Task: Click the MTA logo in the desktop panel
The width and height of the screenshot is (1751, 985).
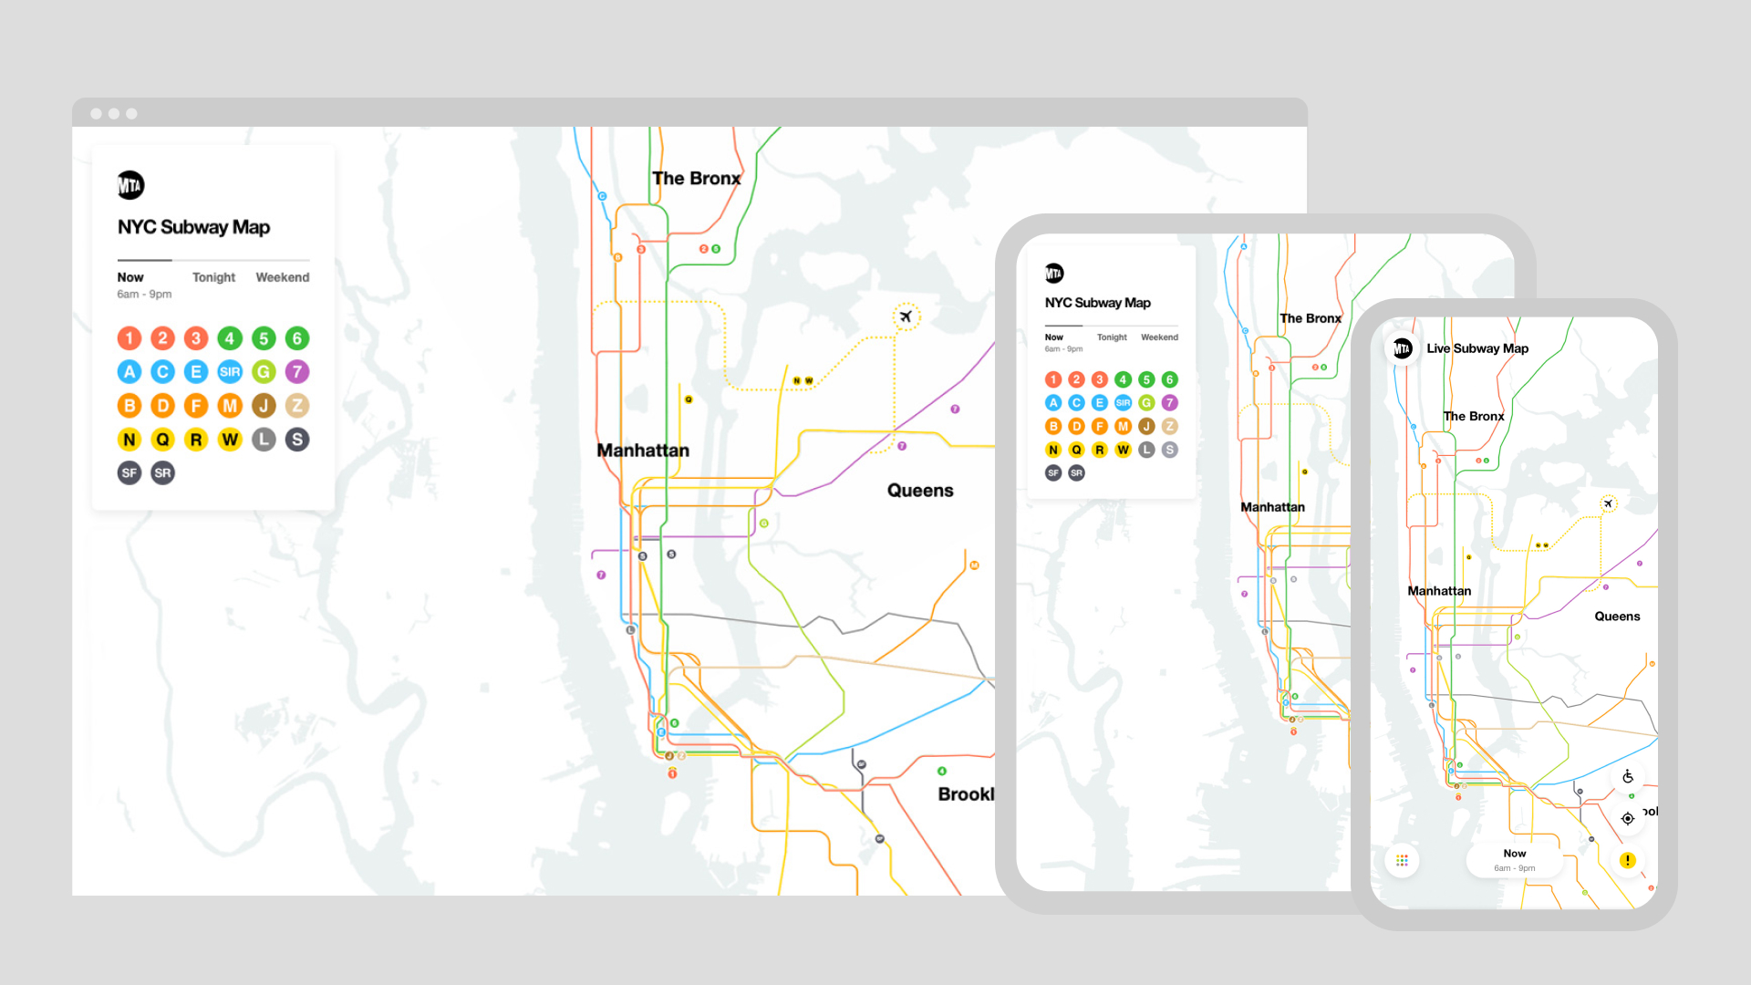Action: coord(130,185)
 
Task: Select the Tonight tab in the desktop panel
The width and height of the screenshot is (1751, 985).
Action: coord(213,277)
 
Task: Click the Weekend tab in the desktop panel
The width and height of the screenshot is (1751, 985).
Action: coord(282,277)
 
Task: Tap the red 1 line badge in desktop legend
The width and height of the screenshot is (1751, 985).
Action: coord(130,338)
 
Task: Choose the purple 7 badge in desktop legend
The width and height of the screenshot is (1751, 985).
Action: coord(296,372)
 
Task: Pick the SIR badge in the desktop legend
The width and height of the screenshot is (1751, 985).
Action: coord(230,372)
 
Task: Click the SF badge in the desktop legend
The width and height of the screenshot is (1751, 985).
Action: coord(130,472)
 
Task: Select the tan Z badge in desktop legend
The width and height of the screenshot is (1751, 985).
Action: coord(296,406)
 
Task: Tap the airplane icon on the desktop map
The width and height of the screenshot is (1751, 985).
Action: coord(906,316)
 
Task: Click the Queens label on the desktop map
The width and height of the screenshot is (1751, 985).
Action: coord(919,491)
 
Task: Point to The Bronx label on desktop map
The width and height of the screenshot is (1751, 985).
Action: coord(696,179)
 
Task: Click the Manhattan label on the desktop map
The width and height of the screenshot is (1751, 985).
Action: coord(643,451)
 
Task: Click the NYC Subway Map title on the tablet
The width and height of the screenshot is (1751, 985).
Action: coord(1097,303)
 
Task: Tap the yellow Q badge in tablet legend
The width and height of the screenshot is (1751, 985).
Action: coord(1076,450)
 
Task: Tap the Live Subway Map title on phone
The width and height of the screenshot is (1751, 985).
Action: coord(1476,348)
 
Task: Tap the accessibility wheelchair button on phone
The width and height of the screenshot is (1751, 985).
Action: coord(1627,777)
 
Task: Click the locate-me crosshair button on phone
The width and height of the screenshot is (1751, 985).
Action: coord(1627,818)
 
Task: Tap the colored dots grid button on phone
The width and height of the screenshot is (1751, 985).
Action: coord(1402,860)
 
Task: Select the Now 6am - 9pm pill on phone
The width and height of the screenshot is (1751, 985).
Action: coord(1514,860)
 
